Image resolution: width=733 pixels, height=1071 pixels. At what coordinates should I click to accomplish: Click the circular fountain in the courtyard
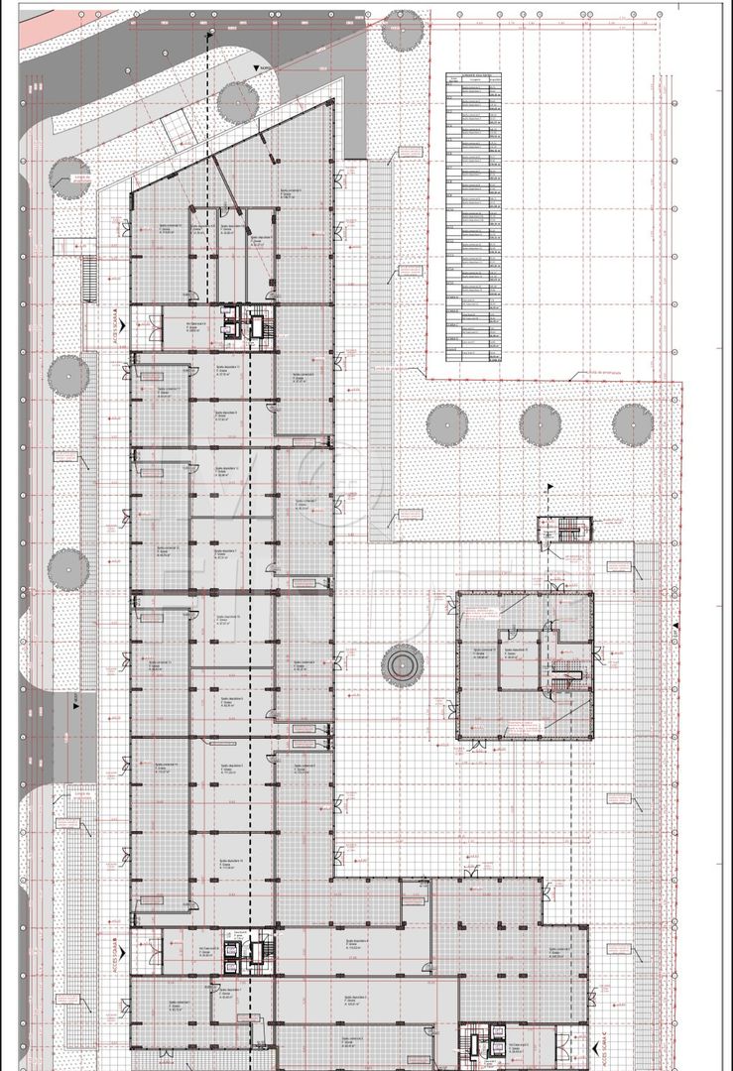tap(403, 664)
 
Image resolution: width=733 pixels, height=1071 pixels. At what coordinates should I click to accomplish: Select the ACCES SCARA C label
tap(604, 1042)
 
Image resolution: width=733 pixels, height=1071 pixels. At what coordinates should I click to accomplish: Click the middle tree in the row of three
tap(540, 424)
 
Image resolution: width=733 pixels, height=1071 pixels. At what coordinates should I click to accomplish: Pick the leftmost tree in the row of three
tap(447, 424)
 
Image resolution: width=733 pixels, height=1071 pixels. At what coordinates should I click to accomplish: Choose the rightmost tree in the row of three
tap(632, 424)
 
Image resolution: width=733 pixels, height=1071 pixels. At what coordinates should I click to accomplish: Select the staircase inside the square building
tap(565, 674)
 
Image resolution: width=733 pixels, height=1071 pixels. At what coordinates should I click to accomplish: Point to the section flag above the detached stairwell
tap(549, 487)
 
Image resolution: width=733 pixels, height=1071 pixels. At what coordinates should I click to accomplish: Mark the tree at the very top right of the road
tap(403, 31)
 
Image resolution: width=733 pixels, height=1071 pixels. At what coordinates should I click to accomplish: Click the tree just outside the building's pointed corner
tap(238, 102)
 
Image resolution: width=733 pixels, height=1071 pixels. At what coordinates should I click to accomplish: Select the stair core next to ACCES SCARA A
tap(248, 326)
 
